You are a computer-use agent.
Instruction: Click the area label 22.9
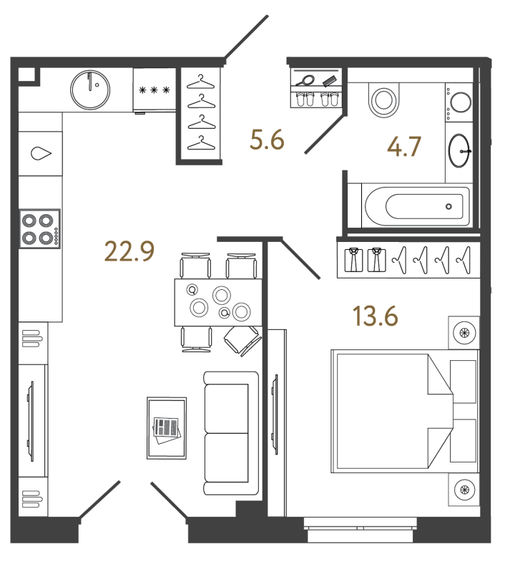129,251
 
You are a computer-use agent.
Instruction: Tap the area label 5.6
267,140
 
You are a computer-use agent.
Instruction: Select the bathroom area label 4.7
404,147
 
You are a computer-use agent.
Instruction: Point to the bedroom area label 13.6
376,316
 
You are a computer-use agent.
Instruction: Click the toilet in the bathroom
383,100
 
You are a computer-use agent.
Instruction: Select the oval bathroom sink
459,151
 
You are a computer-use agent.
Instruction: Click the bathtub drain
448,206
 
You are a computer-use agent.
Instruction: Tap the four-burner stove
40,229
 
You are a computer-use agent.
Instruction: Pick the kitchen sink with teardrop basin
41,153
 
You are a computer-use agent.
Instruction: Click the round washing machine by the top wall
90,89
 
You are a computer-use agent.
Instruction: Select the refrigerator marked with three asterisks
154,90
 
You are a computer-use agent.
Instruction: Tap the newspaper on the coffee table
166,430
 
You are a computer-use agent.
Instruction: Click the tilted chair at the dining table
242,341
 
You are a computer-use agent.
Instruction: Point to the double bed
405,411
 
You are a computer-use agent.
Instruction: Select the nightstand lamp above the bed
464,333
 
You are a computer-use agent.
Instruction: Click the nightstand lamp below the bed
464,490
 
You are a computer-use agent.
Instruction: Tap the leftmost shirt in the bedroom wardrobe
354,260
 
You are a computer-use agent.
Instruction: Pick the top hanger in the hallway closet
201,82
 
